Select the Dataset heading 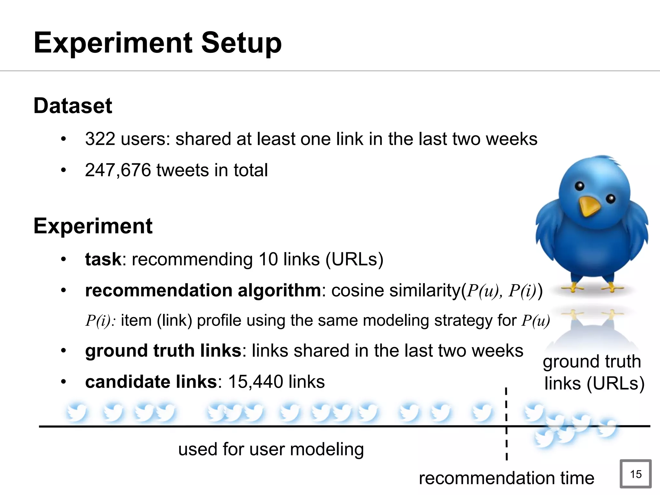point(73,106)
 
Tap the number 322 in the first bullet point(100,139)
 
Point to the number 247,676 point(118,170)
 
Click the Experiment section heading point(93,226)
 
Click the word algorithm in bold point(279,290)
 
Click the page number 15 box point(636,474)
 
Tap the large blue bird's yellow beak point(589,206)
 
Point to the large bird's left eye point(579,186)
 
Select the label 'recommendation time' point(506,478)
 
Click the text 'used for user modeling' point(271,449)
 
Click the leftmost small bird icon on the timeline point(77,412)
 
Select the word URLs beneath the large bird point(615,383)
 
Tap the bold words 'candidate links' point(151,382)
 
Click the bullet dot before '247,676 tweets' point(63,170)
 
